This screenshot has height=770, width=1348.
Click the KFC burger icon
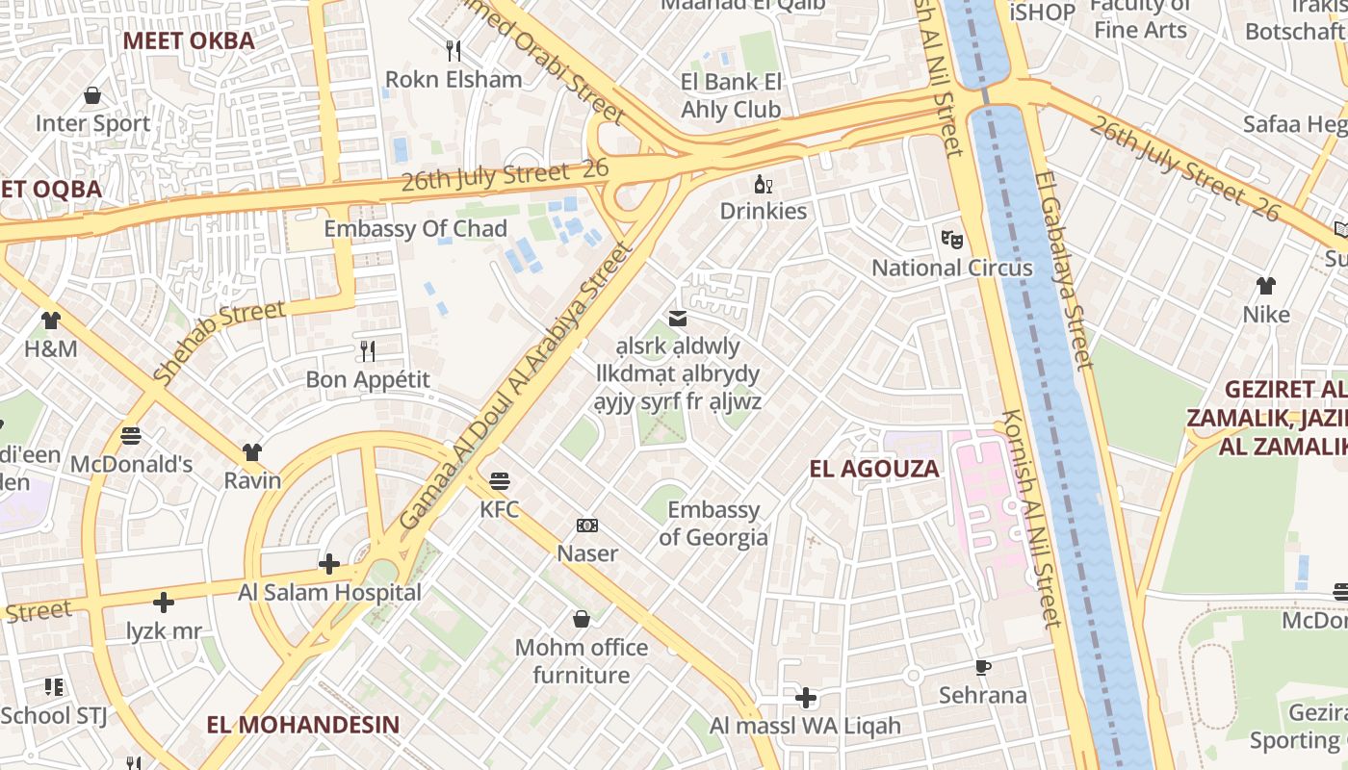pos(499,479)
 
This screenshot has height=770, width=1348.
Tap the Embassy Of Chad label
pos(415,229)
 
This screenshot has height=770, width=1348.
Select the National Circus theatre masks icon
pos(951,238)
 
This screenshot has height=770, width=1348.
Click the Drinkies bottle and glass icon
pos(764,183)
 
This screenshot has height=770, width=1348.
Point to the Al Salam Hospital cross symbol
pos(329,563)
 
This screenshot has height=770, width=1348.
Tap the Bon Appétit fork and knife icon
pos(367,350)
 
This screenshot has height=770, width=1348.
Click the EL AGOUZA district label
pos(873,470)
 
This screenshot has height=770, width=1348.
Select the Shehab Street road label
pos(220,342)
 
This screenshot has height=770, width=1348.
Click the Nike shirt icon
pos(1265,286)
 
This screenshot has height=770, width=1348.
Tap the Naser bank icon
pos(587,526)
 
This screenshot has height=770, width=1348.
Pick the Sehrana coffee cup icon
pos(983,666)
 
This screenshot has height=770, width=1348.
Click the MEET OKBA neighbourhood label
pos(189,40)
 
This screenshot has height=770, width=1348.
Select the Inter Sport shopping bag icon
pos(92,95)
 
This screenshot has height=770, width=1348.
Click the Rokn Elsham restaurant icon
pos(453,50)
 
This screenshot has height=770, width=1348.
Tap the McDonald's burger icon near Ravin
pos(131,436)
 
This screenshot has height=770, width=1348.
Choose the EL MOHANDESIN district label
pos(302,725)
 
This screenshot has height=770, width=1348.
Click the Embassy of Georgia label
pos(713,524)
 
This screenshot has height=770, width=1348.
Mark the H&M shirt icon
pos(50,321)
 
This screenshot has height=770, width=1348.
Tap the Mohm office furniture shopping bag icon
pos(581,619)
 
